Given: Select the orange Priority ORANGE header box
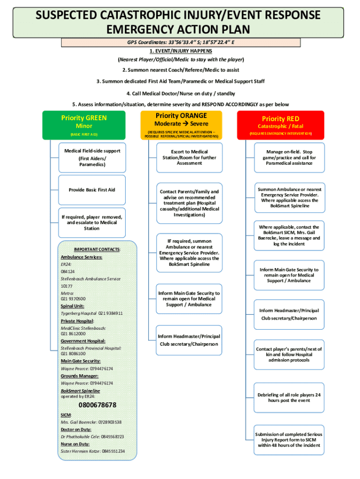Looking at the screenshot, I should click(x=181, y=125).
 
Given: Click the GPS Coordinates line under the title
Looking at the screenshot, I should click(x=181, y=42).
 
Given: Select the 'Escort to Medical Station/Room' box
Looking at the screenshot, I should click(x=189, y=158).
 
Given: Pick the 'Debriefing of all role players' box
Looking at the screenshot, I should click(x=289, y=398).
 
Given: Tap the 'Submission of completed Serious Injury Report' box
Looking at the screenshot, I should click(x=289, y=440).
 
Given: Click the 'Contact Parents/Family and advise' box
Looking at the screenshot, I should click(x=189, y=203).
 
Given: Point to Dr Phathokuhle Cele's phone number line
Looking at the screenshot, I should click(x=92, y=436).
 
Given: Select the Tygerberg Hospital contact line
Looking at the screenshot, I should click(x=92, y=313).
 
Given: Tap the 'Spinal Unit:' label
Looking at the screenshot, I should click(x=72, y=306).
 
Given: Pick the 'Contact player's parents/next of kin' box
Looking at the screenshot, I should click(x=289, y=355).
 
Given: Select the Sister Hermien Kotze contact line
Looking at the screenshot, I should click(x=93, y=451).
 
